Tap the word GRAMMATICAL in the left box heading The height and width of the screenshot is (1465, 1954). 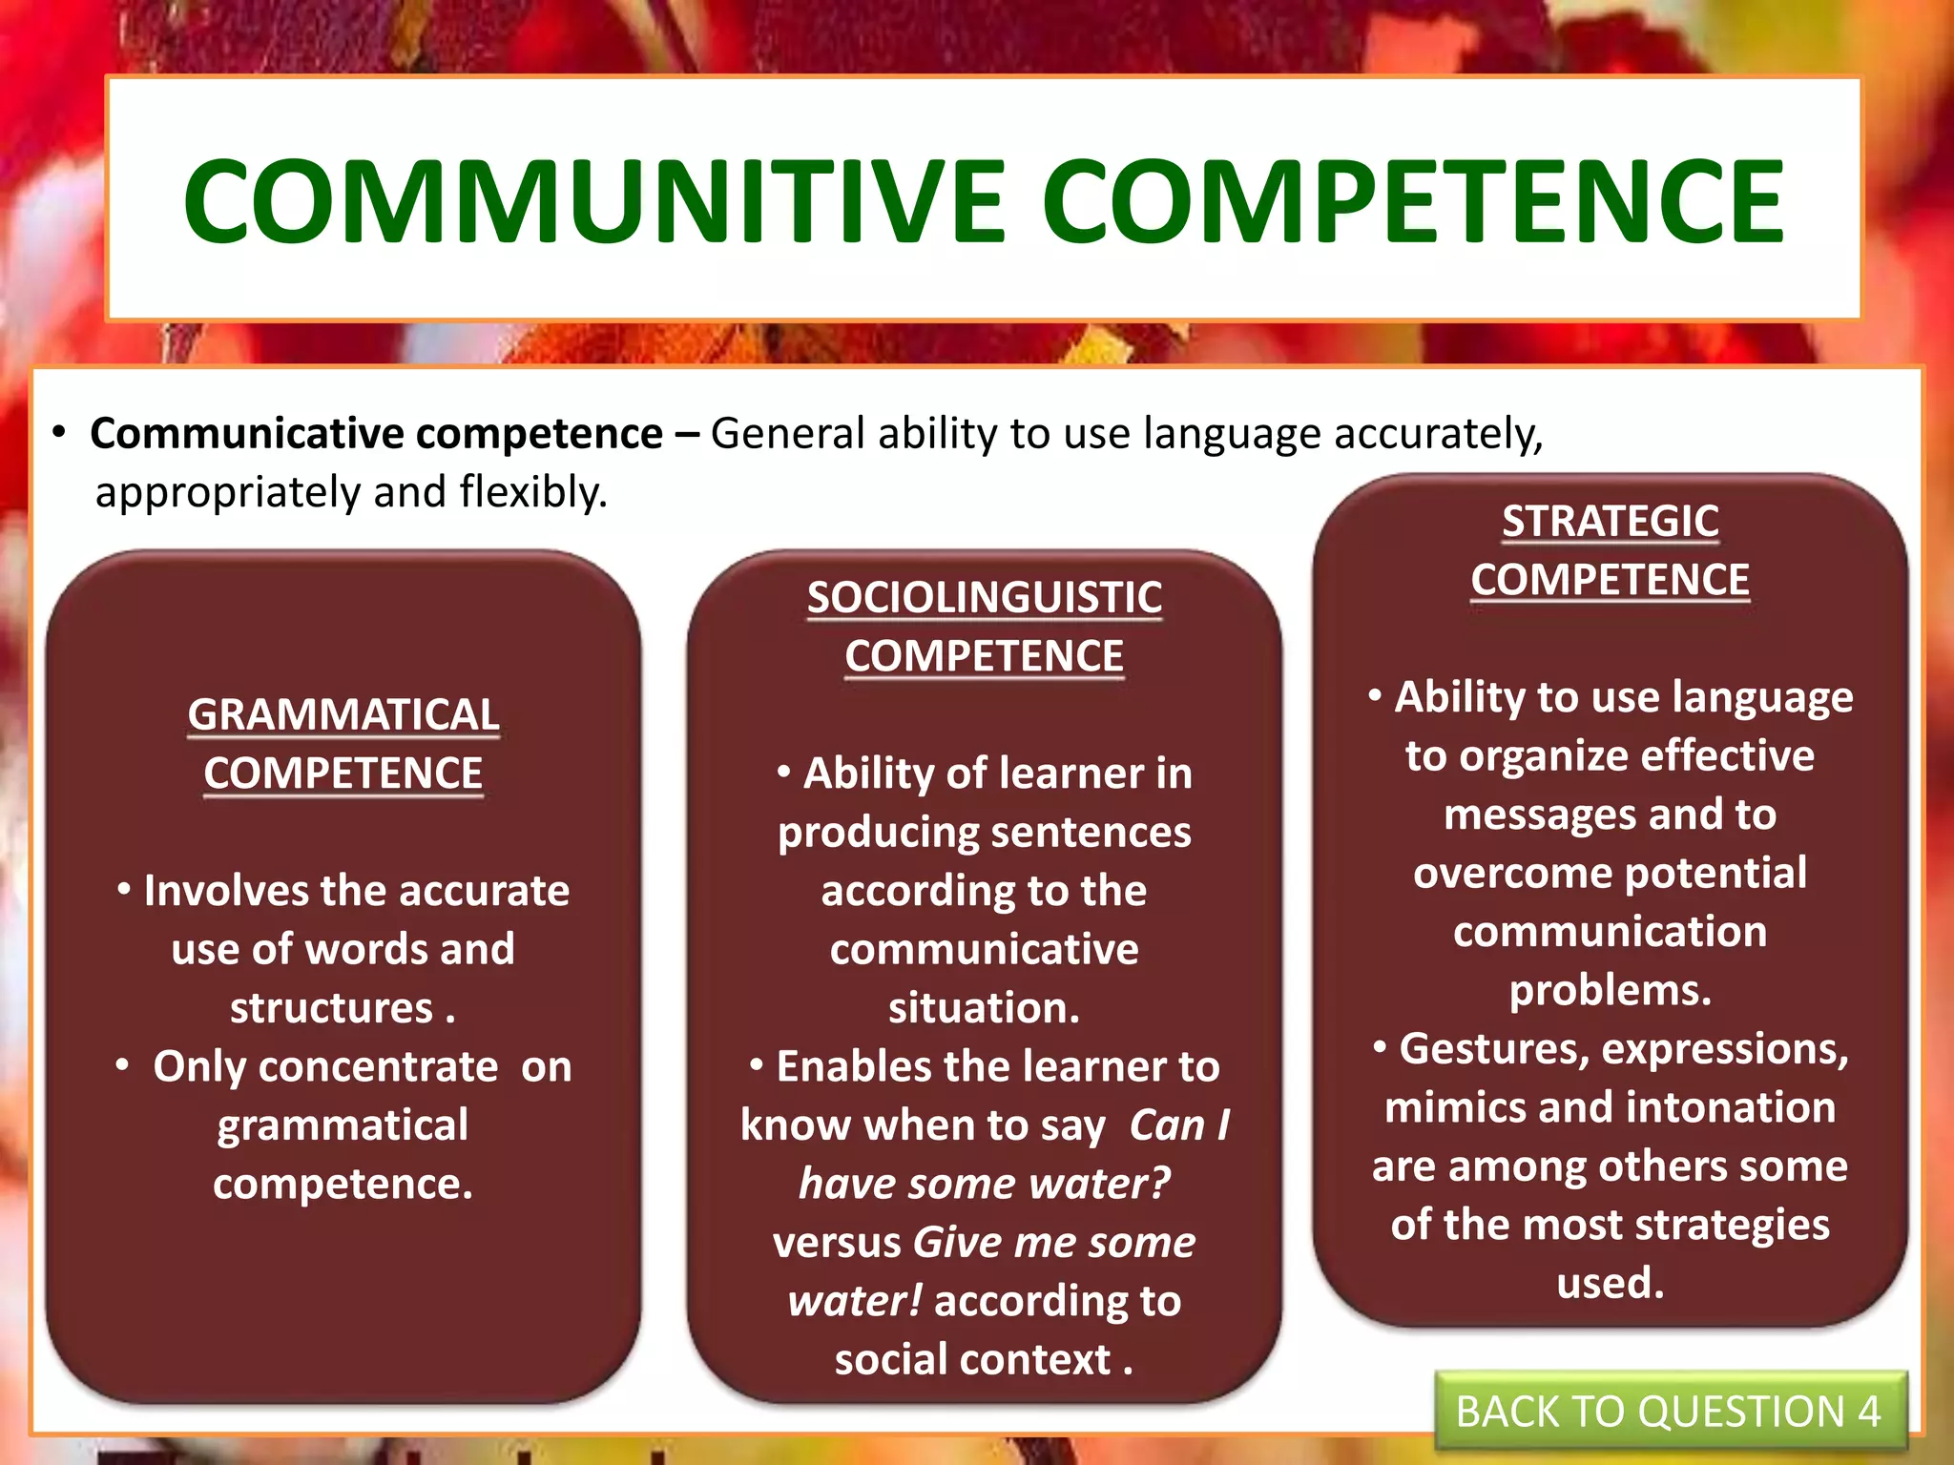point(343,714)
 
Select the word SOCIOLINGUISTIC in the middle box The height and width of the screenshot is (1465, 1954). point(984,598)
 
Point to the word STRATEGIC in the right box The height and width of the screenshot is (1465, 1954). point(1610,522)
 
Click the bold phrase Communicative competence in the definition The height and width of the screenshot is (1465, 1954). point(376,434)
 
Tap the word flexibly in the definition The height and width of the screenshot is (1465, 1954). point(532,493)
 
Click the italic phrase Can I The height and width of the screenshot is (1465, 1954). point(1179,1125)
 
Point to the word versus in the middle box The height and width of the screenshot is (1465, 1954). point(837,1243)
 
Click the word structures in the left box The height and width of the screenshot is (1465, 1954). point(331,1008)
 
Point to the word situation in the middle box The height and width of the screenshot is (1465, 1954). point(983,1008)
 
